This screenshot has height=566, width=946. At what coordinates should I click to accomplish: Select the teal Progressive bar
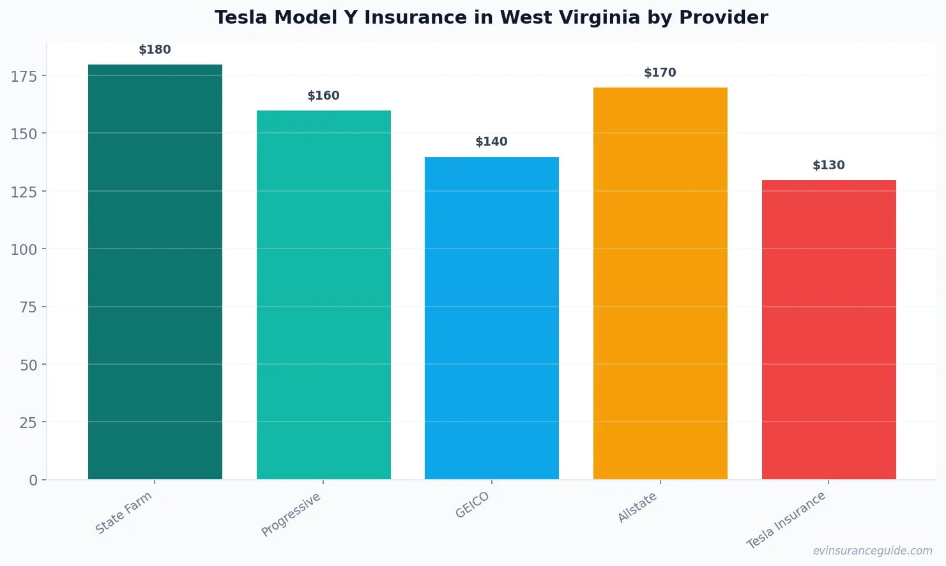323,294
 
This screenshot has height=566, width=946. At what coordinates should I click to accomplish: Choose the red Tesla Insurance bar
828,329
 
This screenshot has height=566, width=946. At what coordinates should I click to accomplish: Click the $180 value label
155,50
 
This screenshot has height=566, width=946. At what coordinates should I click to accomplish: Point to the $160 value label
323,96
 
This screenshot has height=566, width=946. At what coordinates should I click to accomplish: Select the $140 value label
491,142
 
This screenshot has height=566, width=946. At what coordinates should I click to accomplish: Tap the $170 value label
660,73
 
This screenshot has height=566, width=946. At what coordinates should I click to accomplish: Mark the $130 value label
828,165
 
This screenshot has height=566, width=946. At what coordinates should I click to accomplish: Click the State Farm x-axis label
125,512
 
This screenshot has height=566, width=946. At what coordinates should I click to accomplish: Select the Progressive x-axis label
291,514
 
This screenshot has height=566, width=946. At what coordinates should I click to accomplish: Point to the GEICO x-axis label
473,505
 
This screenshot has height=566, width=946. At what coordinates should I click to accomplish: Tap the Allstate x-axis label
637,508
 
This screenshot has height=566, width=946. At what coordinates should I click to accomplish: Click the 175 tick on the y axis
24,76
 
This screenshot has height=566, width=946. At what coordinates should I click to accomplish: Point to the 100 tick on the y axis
24,249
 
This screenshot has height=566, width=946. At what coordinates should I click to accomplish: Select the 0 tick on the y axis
33,480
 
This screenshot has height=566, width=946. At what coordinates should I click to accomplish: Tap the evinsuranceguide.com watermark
872,551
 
